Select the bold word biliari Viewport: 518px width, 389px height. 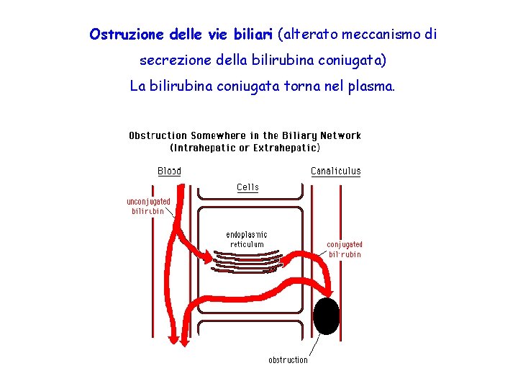(252, 35)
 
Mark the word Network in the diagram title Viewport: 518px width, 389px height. (341, 135)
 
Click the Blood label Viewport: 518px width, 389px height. (169, 171)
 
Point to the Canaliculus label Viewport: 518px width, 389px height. (335, 171)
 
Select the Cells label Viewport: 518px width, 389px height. (247, 187)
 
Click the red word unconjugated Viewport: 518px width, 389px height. (148, 202)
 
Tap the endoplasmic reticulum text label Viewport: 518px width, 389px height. (247, 239)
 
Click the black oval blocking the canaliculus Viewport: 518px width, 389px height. (327, 316)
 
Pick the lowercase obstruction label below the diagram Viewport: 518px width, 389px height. (288, 359)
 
